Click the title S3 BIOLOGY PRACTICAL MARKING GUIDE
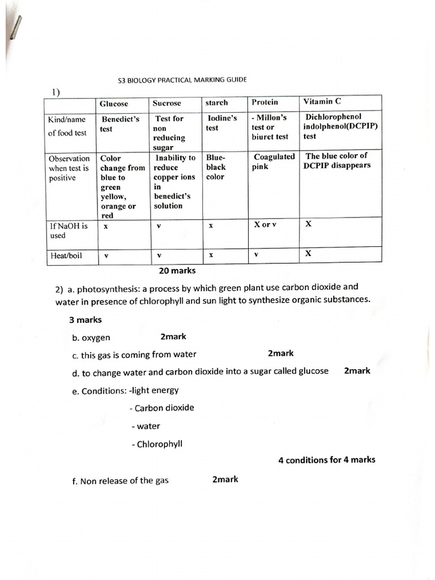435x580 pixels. [182, 80]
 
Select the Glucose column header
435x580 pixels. [114, 104]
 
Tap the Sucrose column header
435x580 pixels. [167, 103]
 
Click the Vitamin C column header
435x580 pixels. [322, 102]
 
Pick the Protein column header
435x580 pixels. [265, 103]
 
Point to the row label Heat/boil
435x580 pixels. [66, 255]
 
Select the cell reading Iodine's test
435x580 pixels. [221, 123]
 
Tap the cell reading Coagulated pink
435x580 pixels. [274, 161]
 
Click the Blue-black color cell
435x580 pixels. [216, 167]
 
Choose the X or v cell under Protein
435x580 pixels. [265, 225]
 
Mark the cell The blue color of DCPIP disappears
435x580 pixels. [338, 160]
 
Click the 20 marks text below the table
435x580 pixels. [177, 271]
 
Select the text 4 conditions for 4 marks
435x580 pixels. [327, 460]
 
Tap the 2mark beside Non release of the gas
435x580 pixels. [225, 479]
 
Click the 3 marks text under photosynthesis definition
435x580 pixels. [86, 319]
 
